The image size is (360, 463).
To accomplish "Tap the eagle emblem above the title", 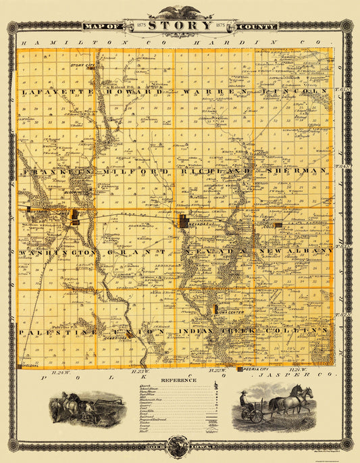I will pos(180,11).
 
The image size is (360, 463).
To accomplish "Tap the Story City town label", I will pos(81,65).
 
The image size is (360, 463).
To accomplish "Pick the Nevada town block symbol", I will pos(184,220).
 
